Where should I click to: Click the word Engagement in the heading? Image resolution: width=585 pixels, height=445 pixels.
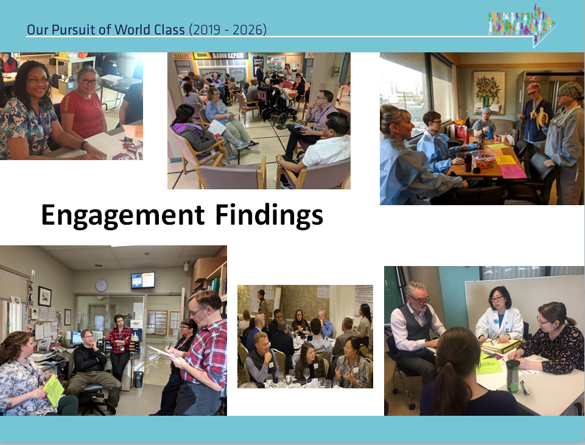pos(123,215)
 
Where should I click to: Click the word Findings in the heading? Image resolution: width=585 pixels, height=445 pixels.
pos(269,215)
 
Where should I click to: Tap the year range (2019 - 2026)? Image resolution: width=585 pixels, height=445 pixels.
pos(228,29)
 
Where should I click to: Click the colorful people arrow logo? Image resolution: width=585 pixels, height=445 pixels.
pos(522,25)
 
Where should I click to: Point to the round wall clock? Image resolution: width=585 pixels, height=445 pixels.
pos(101,286)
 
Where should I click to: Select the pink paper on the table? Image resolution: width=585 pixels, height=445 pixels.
pos(513,171)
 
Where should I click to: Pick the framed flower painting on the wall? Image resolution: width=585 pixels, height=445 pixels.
pos(489,93)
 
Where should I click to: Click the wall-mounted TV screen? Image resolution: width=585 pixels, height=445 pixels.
pos(142,280)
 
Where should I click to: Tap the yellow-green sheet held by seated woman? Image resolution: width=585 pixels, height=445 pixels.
pos(54,390)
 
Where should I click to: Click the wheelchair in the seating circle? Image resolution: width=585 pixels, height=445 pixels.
pos(272,105)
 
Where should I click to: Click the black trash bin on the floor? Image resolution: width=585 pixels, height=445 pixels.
pos(138,379)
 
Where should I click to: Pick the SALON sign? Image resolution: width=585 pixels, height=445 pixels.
pos(181,55)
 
